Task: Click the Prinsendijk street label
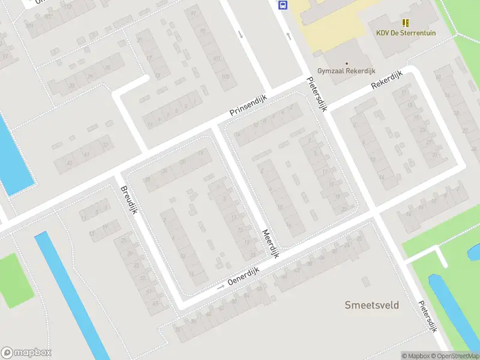click(248, 105)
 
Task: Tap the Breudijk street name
click(129, 197)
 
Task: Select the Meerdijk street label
click(271, 244)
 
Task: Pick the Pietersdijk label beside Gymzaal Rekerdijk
click(317, 95)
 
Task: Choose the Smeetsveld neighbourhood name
click(371, 305)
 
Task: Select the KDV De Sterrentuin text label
click(406, 33)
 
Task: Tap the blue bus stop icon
click(283, 5)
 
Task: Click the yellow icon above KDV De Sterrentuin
click(406, 23)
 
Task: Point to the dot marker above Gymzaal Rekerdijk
click(346, 62)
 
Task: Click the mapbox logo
click(26, 352)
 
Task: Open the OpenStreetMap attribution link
click(458, 356)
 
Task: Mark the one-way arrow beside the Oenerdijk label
click(220, 287)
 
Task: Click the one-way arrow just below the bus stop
click(289, 37)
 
